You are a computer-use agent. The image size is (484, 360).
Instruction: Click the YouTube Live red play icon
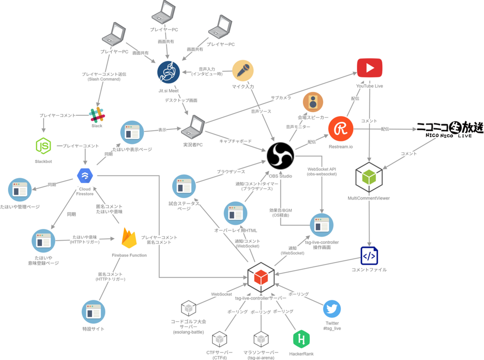click(369, 68)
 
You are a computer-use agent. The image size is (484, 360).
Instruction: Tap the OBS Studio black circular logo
click(280, 156)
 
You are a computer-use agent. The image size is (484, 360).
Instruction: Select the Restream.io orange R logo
click(341, 129)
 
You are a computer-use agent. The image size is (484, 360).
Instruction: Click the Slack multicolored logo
click(97, 115)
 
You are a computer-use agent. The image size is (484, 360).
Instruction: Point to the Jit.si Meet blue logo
click(168, 72)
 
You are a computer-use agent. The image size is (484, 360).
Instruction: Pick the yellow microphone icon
click(243, 70)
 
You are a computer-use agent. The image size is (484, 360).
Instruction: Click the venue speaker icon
click(313, 102)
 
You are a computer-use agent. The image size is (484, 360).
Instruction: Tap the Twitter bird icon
click(332, 309)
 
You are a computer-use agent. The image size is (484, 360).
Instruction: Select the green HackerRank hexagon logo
click(301, 339)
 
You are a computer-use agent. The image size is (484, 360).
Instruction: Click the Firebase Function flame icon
click(129, 238)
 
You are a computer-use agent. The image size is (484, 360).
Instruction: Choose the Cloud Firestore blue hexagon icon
click(85, 175)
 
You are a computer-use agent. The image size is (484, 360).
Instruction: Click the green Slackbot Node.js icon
click(43, 146)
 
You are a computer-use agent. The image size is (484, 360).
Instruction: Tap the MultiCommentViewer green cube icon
click(369, 178)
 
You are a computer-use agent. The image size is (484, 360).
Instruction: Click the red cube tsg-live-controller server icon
click(261, 277)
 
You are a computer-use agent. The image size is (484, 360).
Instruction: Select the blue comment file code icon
click(369, 256)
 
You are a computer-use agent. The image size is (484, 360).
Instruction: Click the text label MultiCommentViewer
click(368, 198)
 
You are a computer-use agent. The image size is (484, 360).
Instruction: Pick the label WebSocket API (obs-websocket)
click(322, 172)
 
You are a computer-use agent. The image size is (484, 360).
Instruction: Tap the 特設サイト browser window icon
click(93, 312)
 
